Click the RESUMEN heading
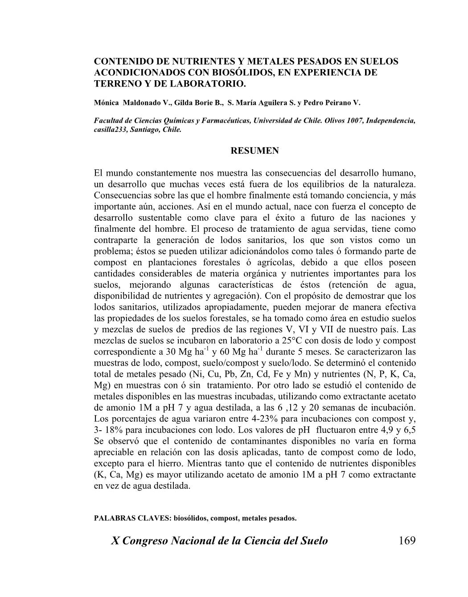click(255, 151)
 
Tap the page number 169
click(407, 541)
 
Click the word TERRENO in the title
click(115, 83)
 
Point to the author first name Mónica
click(107, 103)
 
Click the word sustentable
click(153, 218)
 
